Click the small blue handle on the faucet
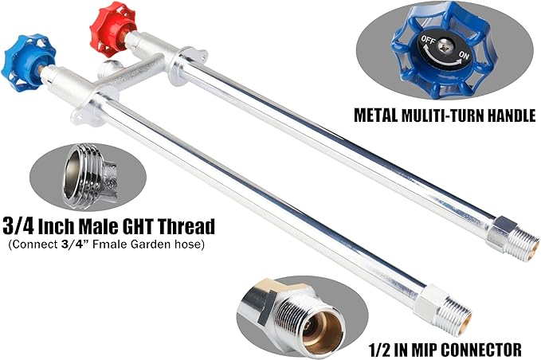pos(28,62)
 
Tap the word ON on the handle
pos(464,54)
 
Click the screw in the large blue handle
pos(445,46)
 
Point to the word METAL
pos(376,115)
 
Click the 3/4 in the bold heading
pos(18,226)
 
